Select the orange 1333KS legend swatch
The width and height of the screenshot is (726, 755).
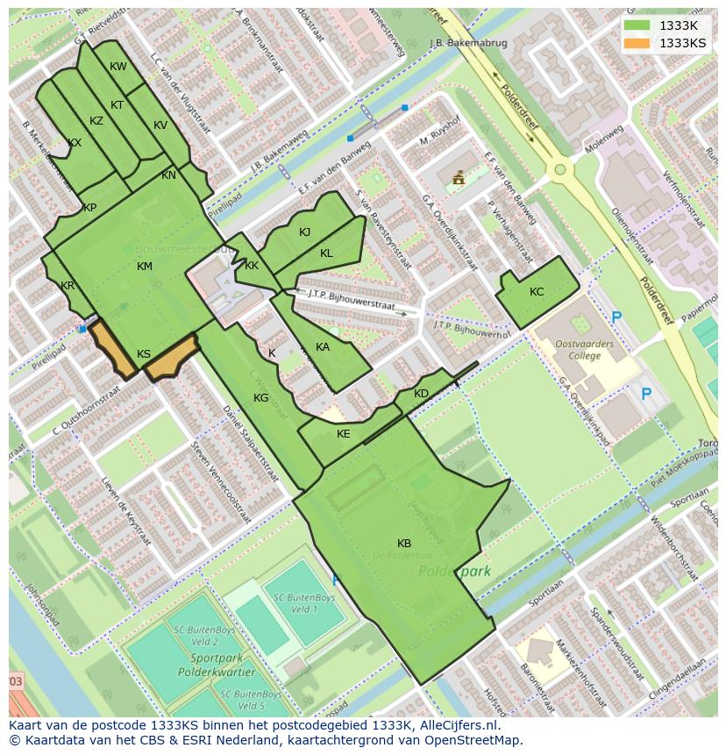[x=638, y=43]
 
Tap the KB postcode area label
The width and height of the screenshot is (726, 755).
[x=404, y=544]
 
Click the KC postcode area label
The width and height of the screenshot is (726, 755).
[x=537, y=292]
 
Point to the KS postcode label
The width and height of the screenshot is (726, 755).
[x=144, y=354]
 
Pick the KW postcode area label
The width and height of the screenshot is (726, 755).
[x=118, y=67]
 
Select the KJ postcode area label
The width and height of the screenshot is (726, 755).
[x=304, y=232]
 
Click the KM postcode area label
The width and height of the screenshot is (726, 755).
[x=145, y=267]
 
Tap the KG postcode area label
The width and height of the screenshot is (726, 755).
[x=260, y=398]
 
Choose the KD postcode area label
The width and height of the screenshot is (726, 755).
[x=421, y=394]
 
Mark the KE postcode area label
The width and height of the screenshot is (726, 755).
[x=344, y=434]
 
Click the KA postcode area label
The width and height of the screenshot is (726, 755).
[x=323, y=347]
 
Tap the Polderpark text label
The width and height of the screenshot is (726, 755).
[x=454, y=571]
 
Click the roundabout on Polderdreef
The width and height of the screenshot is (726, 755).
[x=558, y=169]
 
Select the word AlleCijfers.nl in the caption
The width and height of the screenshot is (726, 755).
[x=457, y=725]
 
